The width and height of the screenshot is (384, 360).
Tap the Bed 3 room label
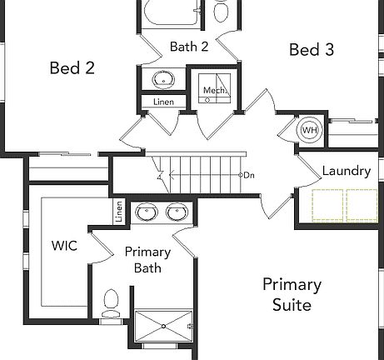[x=311, y=50]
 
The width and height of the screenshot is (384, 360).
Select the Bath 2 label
[x=188, y=46]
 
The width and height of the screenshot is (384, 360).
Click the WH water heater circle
[x=309, y=130]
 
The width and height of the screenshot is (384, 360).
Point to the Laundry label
[x=346, y=171]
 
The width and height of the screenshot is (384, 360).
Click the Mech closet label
[x=214, y=90]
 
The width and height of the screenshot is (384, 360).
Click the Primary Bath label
[x=147, y=259]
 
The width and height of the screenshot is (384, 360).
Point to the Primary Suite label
[x=292, y=294]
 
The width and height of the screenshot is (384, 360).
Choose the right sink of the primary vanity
[x=177, y=212]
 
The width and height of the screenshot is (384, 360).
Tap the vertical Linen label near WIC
[x=118, y=213]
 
